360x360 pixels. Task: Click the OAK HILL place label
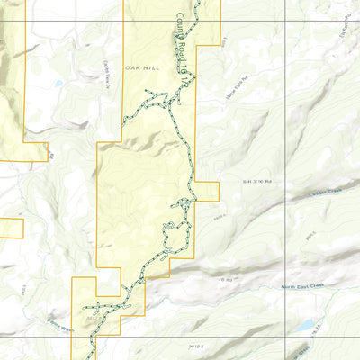click(x=142, y=68)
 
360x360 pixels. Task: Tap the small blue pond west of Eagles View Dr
click(x=57, y=84)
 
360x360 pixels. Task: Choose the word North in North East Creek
click(x=287, y=287)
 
